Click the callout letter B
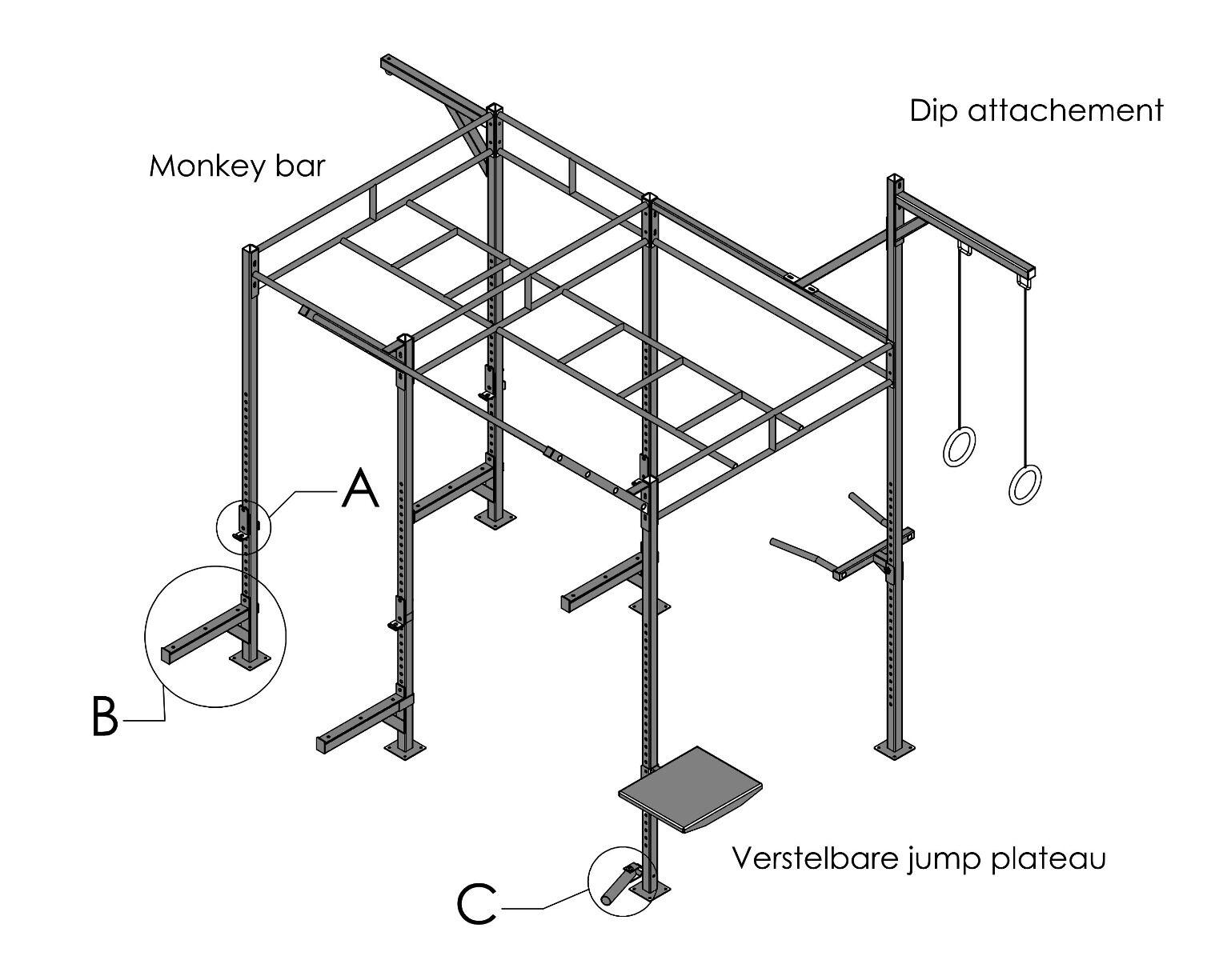104,716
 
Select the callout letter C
477,905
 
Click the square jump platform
691,789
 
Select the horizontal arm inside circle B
200,636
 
